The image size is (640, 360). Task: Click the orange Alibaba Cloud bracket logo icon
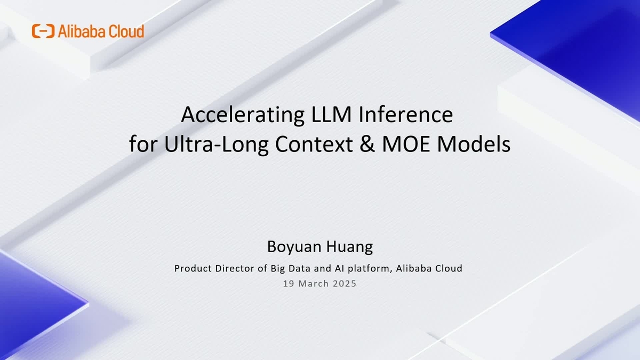click(x=43, y=31)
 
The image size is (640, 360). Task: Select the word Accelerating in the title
click(x=243, y=115)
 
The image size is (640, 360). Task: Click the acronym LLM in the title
click(x=331, y=114)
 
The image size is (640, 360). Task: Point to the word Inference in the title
click(x=406, y=114)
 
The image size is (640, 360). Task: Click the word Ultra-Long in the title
click(x=217, y=145)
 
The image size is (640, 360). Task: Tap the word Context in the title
click(x=314, y=145)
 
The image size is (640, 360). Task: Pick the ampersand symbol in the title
click(x=367, y=145)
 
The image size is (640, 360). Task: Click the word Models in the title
click(x=474, y=144)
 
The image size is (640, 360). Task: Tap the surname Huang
click(x=350, y=247)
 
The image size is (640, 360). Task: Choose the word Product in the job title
click(x=193, y=268)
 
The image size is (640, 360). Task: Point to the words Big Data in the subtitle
click(x=291, y=269)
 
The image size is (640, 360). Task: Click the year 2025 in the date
click(x=345, y=283)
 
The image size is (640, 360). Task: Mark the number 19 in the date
click(x=289, y=283)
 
